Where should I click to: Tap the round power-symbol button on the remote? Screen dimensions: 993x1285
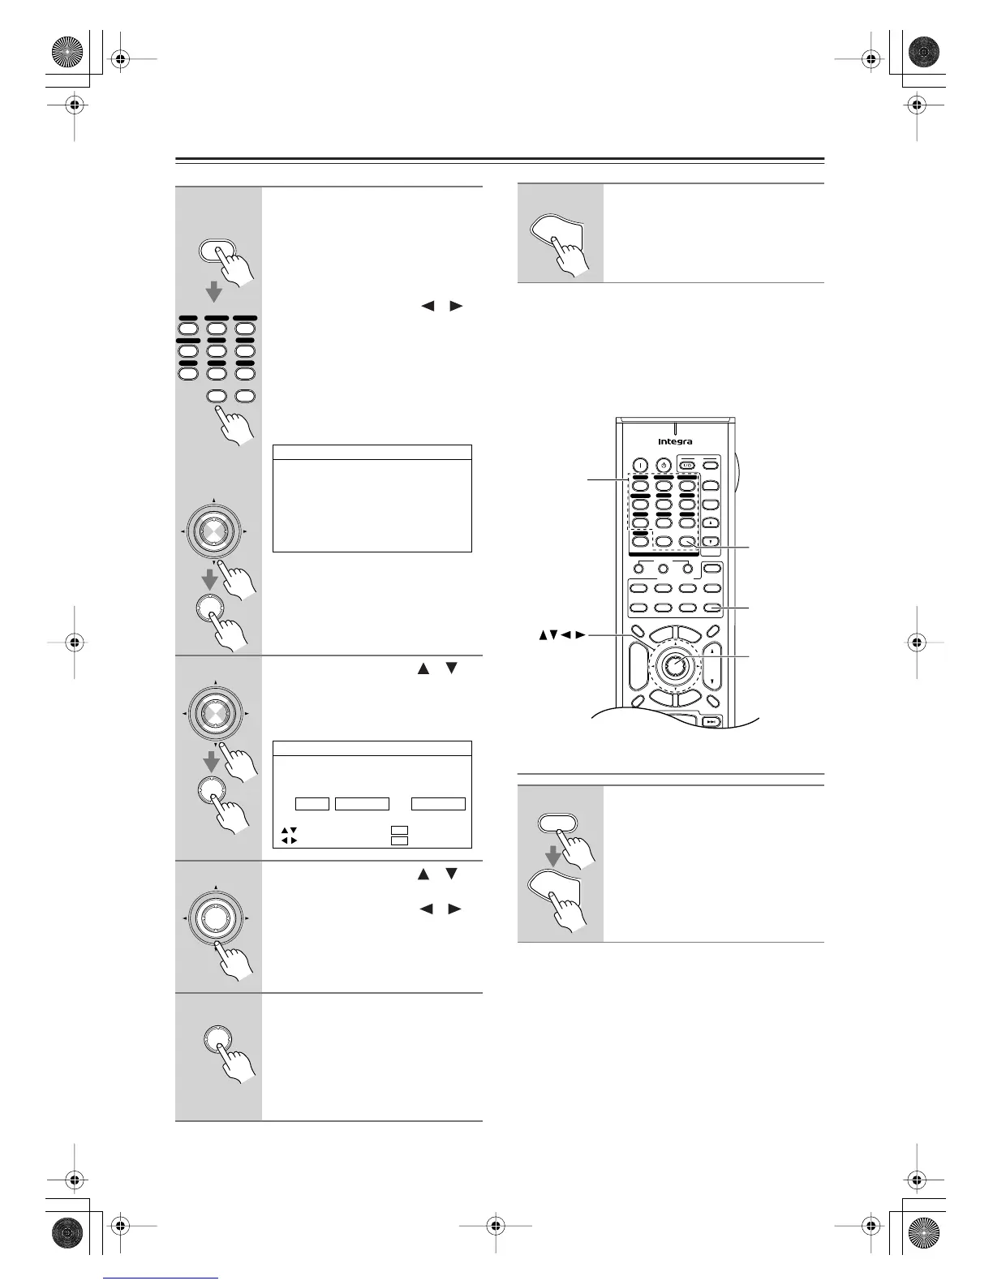664,466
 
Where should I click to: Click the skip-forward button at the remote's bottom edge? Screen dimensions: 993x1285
711,721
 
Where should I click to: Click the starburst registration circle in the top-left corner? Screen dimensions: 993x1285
68,55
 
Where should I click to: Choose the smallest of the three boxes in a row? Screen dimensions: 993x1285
312,804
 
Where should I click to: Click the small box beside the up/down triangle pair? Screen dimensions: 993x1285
398,831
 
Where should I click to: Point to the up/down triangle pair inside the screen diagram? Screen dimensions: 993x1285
289,831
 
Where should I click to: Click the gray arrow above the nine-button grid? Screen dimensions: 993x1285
214,290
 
